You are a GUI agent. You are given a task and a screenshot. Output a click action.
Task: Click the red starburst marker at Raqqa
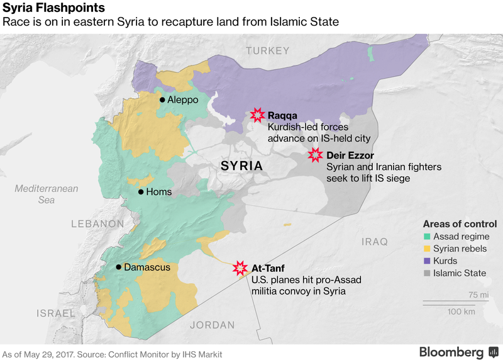click(x=257, y=115)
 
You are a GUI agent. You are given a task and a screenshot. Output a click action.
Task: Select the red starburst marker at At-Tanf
click(x=240, y=268)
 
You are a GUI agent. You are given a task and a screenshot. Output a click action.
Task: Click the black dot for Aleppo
click(x=162, y=100)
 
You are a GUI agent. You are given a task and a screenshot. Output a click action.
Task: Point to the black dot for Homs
click(x=141, y=192)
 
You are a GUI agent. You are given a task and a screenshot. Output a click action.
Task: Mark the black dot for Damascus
click(x=118, y=267)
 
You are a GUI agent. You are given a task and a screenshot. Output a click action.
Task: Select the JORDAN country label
click(x=212, y=325)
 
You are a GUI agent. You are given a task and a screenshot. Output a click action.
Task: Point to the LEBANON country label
click(x=97, y=223)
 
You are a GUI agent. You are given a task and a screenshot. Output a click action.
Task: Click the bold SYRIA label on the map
click(x=241, y=166)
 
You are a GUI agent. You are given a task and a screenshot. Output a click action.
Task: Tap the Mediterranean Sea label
click(x=47, y=194)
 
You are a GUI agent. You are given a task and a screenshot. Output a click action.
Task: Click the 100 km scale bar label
click(x=461, y=312)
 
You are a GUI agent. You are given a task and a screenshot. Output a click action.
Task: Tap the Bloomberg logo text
click(x=451, y=351)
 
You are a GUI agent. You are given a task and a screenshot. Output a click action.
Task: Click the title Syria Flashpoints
click(x=53, y=8)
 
